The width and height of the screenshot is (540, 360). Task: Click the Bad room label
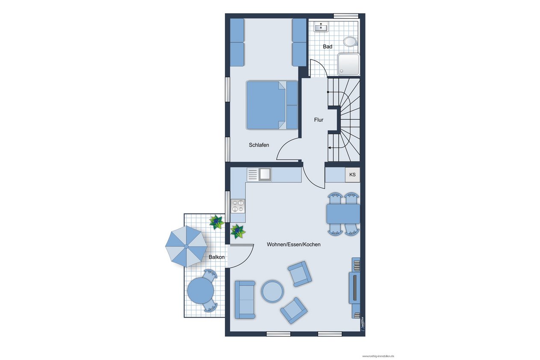pyautogui.click(x=328, y=47)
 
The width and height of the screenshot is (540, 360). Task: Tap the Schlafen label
pyautogui.click(x=259, y=145)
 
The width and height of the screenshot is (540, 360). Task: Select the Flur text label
pyautogui.click(x=319, y=120)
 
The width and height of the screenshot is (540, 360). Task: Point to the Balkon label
pyautogui.click(x=216, y=257)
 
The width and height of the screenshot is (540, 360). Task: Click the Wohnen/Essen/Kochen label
pyautogui.click(x=294, y=244)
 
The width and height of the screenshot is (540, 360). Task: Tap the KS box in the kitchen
pyautogui.click(x=352, y=174)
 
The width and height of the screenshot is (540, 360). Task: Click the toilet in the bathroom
pyautogui.click(x=350, y=41)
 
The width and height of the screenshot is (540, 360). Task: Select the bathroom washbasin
pyautogui.click(x=321, y=27)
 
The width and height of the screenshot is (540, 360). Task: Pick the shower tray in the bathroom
pyautogui.click(x=348, y=65)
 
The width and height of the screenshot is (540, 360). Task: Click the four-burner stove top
pyautogui.click(x=238, y=206)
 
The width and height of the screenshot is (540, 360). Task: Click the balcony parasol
pyautogui.click(x=186, y=246)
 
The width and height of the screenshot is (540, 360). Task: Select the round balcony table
pyautogui.click(x=201, y=291)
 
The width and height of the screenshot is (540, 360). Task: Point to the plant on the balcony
pyautogui.click(x=217, y=222)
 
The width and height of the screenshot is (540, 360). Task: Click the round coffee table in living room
pyautogui.click(x=272, y=291)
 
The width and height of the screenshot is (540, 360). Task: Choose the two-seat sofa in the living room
pyautogui.click(x=245, y=299)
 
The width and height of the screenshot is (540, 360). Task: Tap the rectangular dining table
pyautogui.click(x=343, y=214)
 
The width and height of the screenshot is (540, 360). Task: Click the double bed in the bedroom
pyautogui.click(x=272, y=105)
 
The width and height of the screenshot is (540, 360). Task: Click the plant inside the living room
pyautogui.click(x=238, y=231)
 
